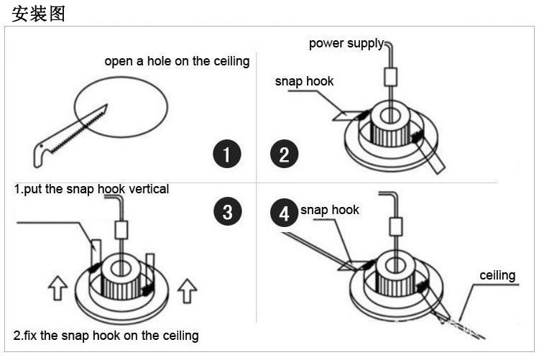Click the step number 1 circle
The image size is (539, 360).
click(x=227, y=154)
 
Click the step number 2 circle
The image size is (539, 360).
click(x=284, y=154)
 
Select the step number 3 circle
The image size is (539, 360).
click(x=227, y=212)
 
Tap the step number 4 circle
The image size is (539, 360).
click(x=284, y=214)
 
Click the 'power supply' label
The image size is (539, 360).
click(x=346, y=44)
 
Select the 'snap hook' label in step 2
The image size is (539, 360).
click(x=304, y=81)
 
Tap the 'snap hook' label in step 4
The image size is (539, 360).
click(x=329, y=210)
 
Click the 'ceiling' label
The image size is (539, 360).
click(x=497, y=275)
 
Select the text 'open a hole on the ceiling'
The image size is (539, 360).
click(x=177, y=61)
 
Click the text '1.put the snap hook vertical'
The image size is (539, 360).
click(x=91, y=189)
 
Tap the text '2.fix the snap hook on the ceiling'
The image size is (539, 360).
click(x=106, y=336)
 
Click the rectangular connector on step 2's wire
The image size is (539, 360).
click(x=392, y=76)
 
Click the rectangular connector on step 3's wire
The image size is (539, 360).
click(x=121, y=229)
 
